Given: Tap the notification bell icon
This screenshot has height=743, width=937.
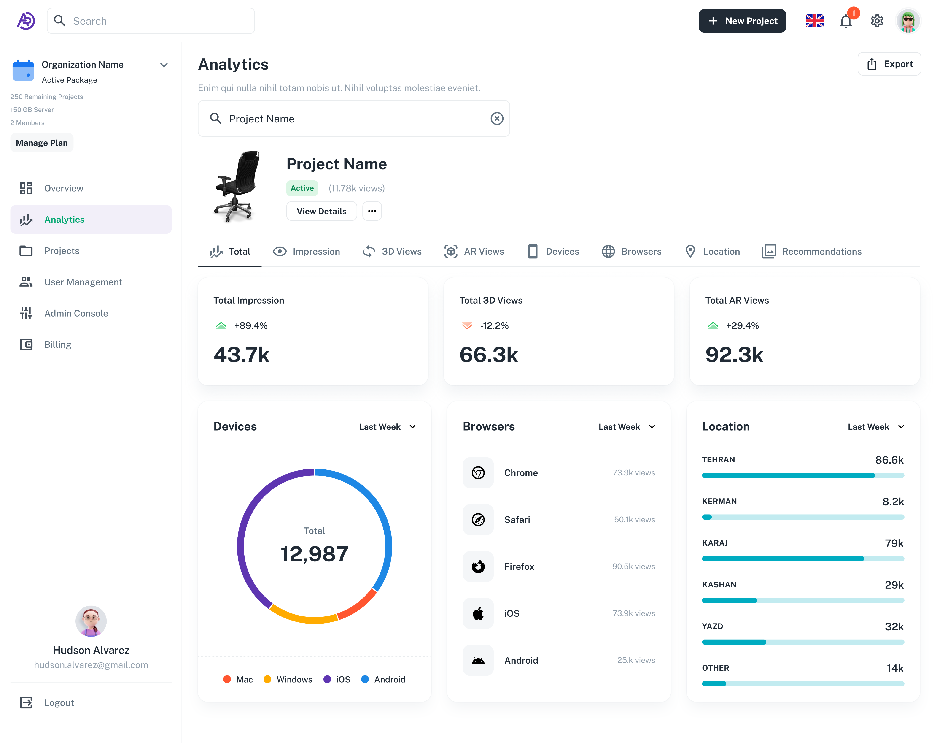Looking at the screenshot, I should [x=845, y=21].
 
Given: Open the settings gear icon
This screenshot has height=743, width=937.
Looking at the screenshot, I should [x=877, y=21].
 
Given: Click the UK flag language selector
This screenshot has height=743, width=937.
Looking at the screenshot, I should [x=814, y=21].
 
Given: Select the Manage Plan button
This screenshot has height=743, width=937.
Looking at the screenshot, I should [x=42, y=143].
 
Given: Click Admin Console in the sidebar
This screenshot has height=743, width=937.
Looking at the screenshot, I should [x=76, y=313].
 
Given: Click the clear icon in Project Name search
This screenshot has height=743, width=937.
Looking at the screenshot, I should [x=497, y=119].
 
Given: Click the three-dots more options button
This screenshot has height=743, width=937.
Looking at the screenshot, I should [x=372, y=211].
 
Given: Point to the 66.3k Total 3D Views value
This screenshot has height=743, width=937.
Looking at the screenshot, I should [x=488, y=355].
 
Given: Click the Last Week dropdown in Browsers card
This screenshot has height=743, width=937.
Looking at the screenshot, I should [x=626, y=427].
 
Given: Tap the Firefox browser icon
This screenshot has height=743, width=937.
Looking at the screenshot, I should [x=478, y=567].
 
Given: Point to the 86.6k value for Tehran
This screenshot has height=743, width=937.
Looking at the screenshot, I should [x=889, y=460].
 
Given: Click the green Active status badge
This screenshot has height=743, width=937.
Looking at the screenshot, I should [x=302, y=188].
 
